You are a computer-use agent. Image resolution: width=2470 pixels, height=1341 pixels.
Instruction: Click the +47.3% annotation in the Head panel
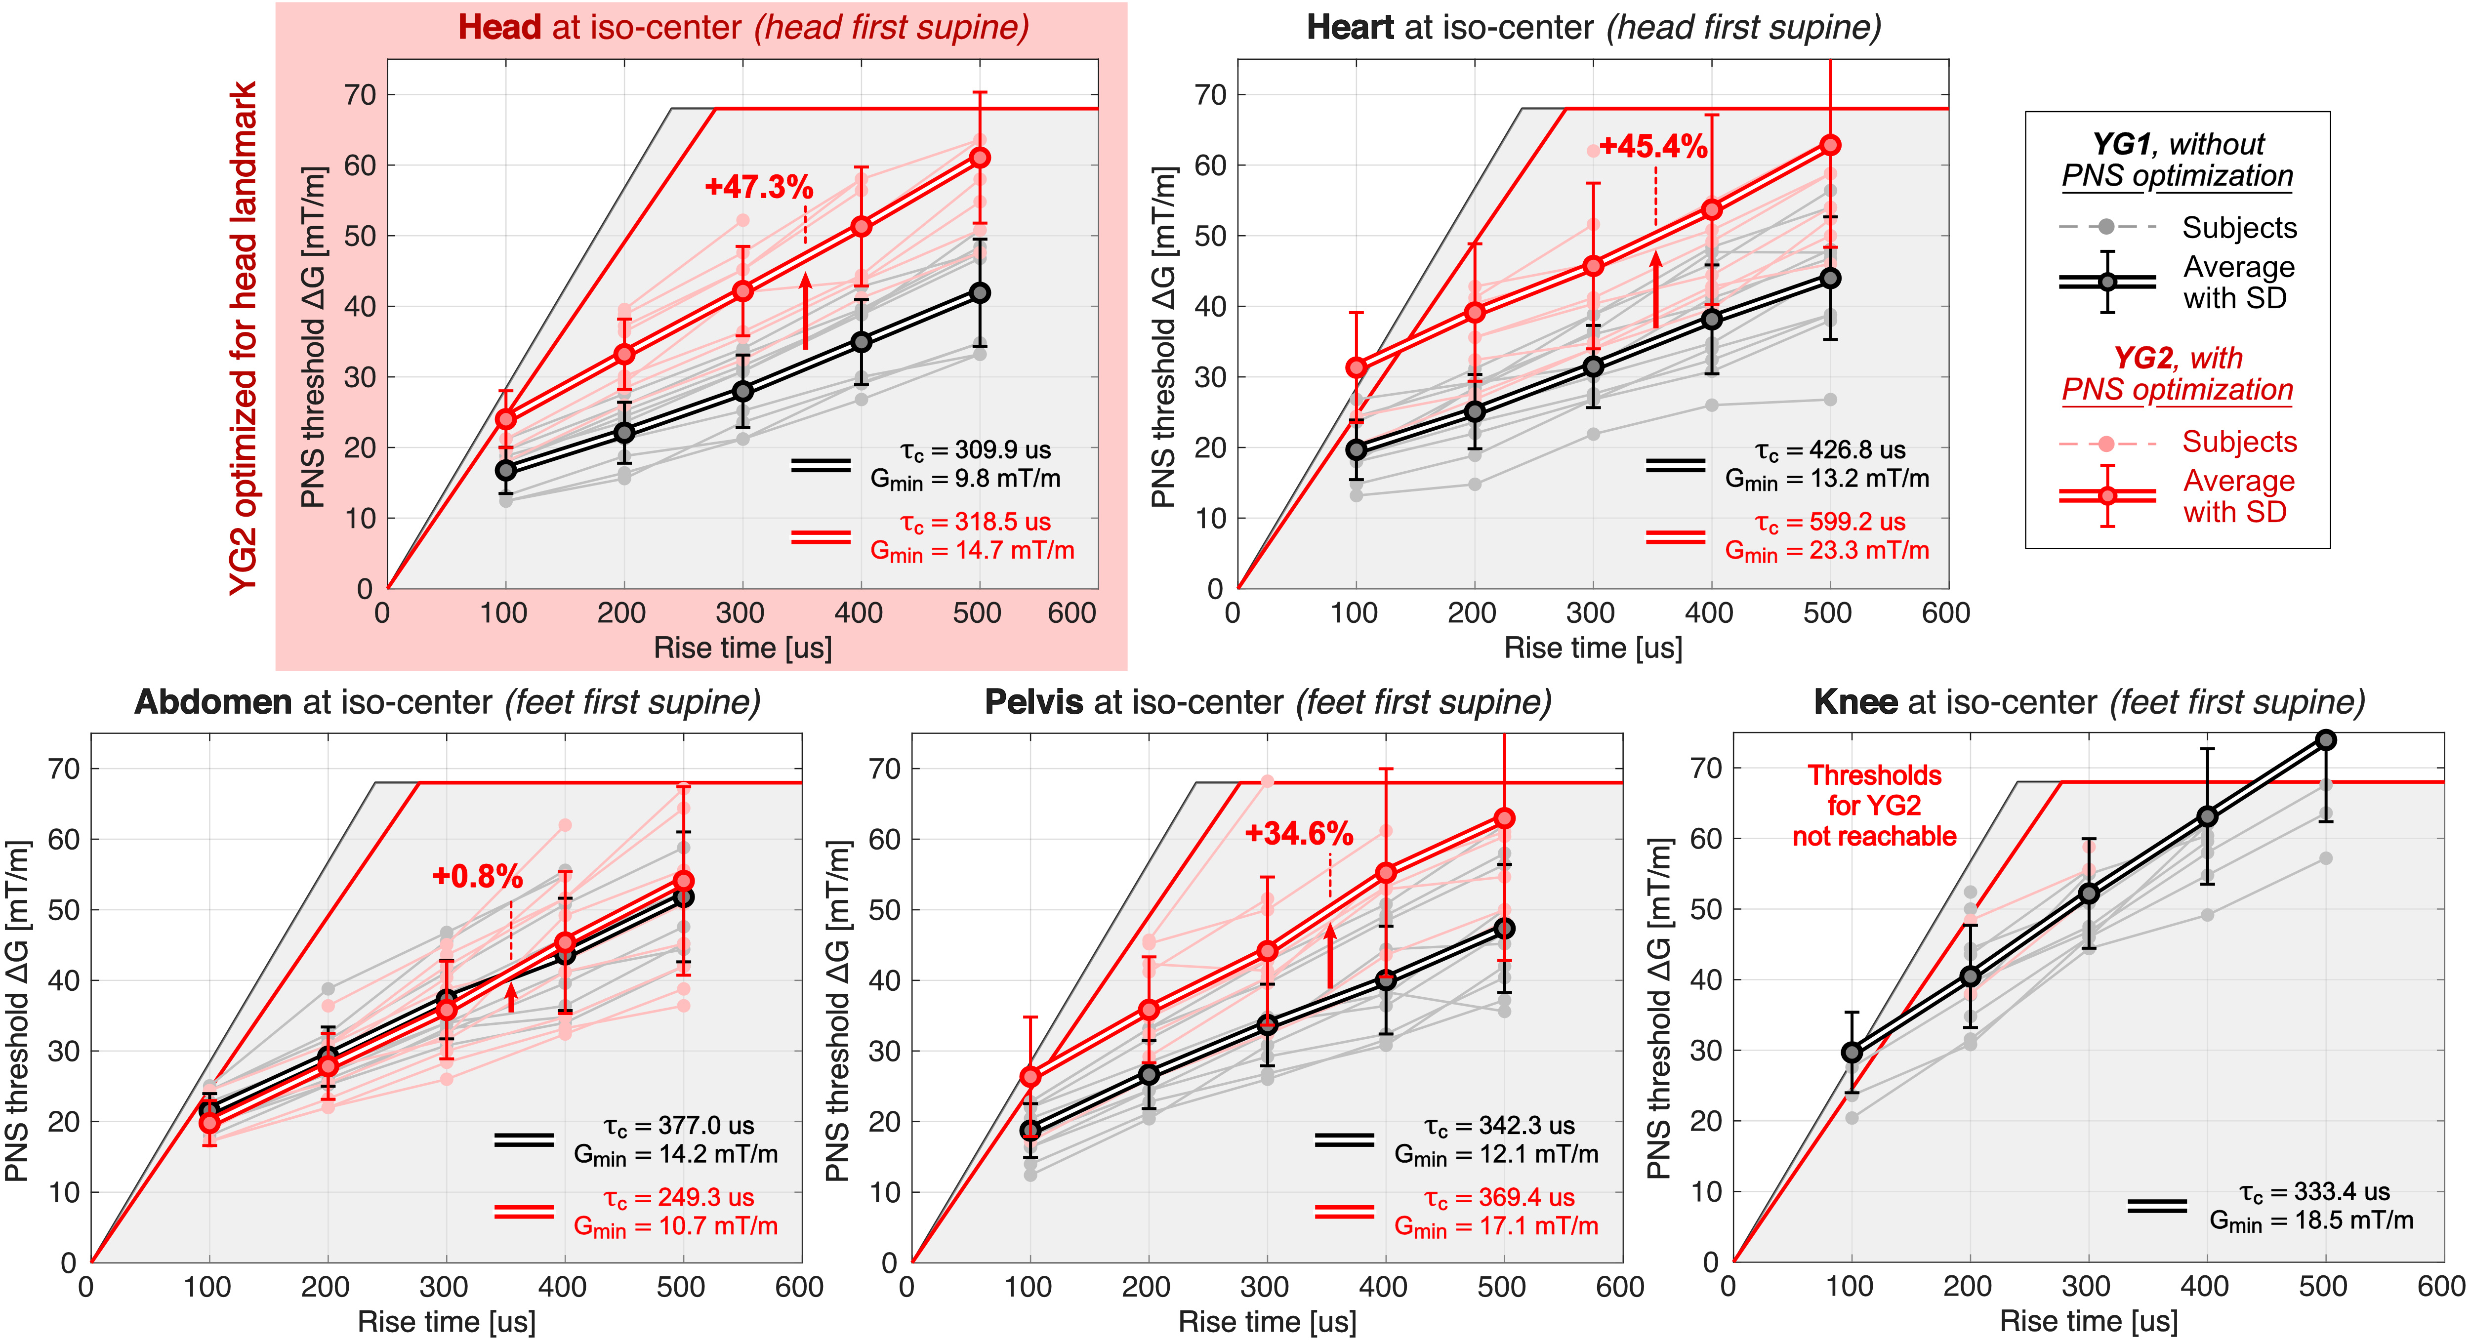tap(758, 187)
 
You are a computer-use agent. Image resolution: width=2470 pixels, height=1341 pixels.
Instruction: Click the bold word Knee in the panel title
tap(1854, 703)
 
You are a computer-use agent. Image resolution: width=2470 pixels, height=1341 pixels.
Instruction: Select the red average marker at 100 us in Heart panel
tap(1356, 367)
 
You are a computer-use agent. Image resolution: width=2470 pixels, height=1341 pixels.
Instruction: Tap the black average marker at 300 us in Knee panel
tap(2088, 894)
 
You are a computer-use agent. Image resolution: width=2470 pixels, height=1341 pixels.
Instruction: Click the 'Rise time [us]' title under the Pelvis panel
tap(1267, 1322)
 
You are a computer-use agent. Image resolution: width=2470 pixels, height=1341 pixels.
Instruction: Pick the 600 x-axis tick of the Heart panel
tap(1945, 613)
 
